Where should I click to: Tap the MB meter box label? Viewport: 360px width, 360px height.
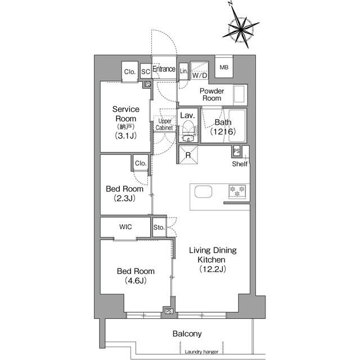tap(224, 67)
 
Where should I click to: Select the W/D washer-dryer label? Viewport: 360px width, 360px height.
tap(200, 75)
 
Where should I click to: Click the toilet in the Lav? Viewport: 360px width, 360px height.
tap(189, 131)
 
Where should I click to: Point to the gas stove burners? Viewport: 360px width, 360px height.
tap(237, 191)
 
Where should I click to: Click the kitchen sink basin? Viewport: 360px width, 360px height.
tap(203, 191)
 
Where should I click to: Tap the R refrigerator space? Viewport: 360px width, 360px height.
tap(188, 155)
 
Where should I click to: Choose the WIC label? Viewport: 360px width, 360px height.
tap(125, 227)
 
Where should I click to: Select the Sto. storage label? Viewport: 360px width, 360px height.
tap(159, 227)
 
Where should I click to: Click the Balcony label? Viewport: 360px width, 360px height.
tap(187, 334)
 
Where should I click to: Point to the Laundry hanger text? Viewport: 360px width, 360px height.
tap(201, 352)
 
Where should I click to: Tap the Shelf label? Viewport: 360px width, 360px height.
tap(240, 164)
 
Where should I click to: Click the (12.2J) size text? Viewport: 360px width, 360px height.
tap(213, 269)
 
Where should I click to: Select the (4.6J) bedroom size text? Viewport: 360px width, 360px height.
tap(136, 280)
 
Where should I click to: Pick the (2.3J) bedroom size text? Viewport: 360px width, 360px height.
tap(125, 198)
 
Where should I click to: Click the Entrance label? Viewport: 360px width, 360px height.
tap(164, 69)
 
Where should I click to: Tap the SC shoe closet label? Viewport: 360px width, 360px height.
tap(146, 71)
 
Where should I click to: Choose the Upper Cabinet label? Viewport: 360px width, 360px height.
tap(164, 124)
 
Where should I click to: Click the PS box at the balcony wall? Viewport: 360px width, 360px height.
tap(169, 311)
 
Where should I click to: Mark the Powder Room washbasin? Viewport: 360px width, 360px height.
tap(239, 94)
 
